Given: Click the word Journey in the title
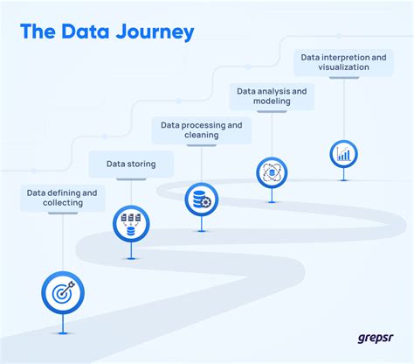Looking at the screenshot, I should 154,33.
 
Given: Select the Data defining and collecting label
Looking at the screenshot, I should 61,197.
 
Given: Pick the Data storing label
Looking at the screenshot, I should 131,163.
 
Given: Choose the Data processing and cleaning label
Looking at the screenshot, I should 201,130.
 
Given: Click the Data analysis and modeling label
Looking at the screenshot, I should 272,95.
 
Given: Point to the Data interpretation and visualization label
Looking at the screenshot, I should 343,62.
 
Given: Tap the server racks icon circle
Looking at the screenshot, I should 131,223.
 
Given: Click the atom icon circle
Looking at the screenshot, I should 273,171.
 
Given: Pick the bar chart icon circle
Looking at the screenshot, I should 344,154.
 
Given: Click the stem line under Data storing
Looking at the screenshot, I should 131,191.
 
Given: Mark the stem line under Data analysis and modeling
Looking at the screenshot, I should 273,132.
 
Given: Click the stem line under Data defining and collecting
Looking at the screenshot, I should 61,241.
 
